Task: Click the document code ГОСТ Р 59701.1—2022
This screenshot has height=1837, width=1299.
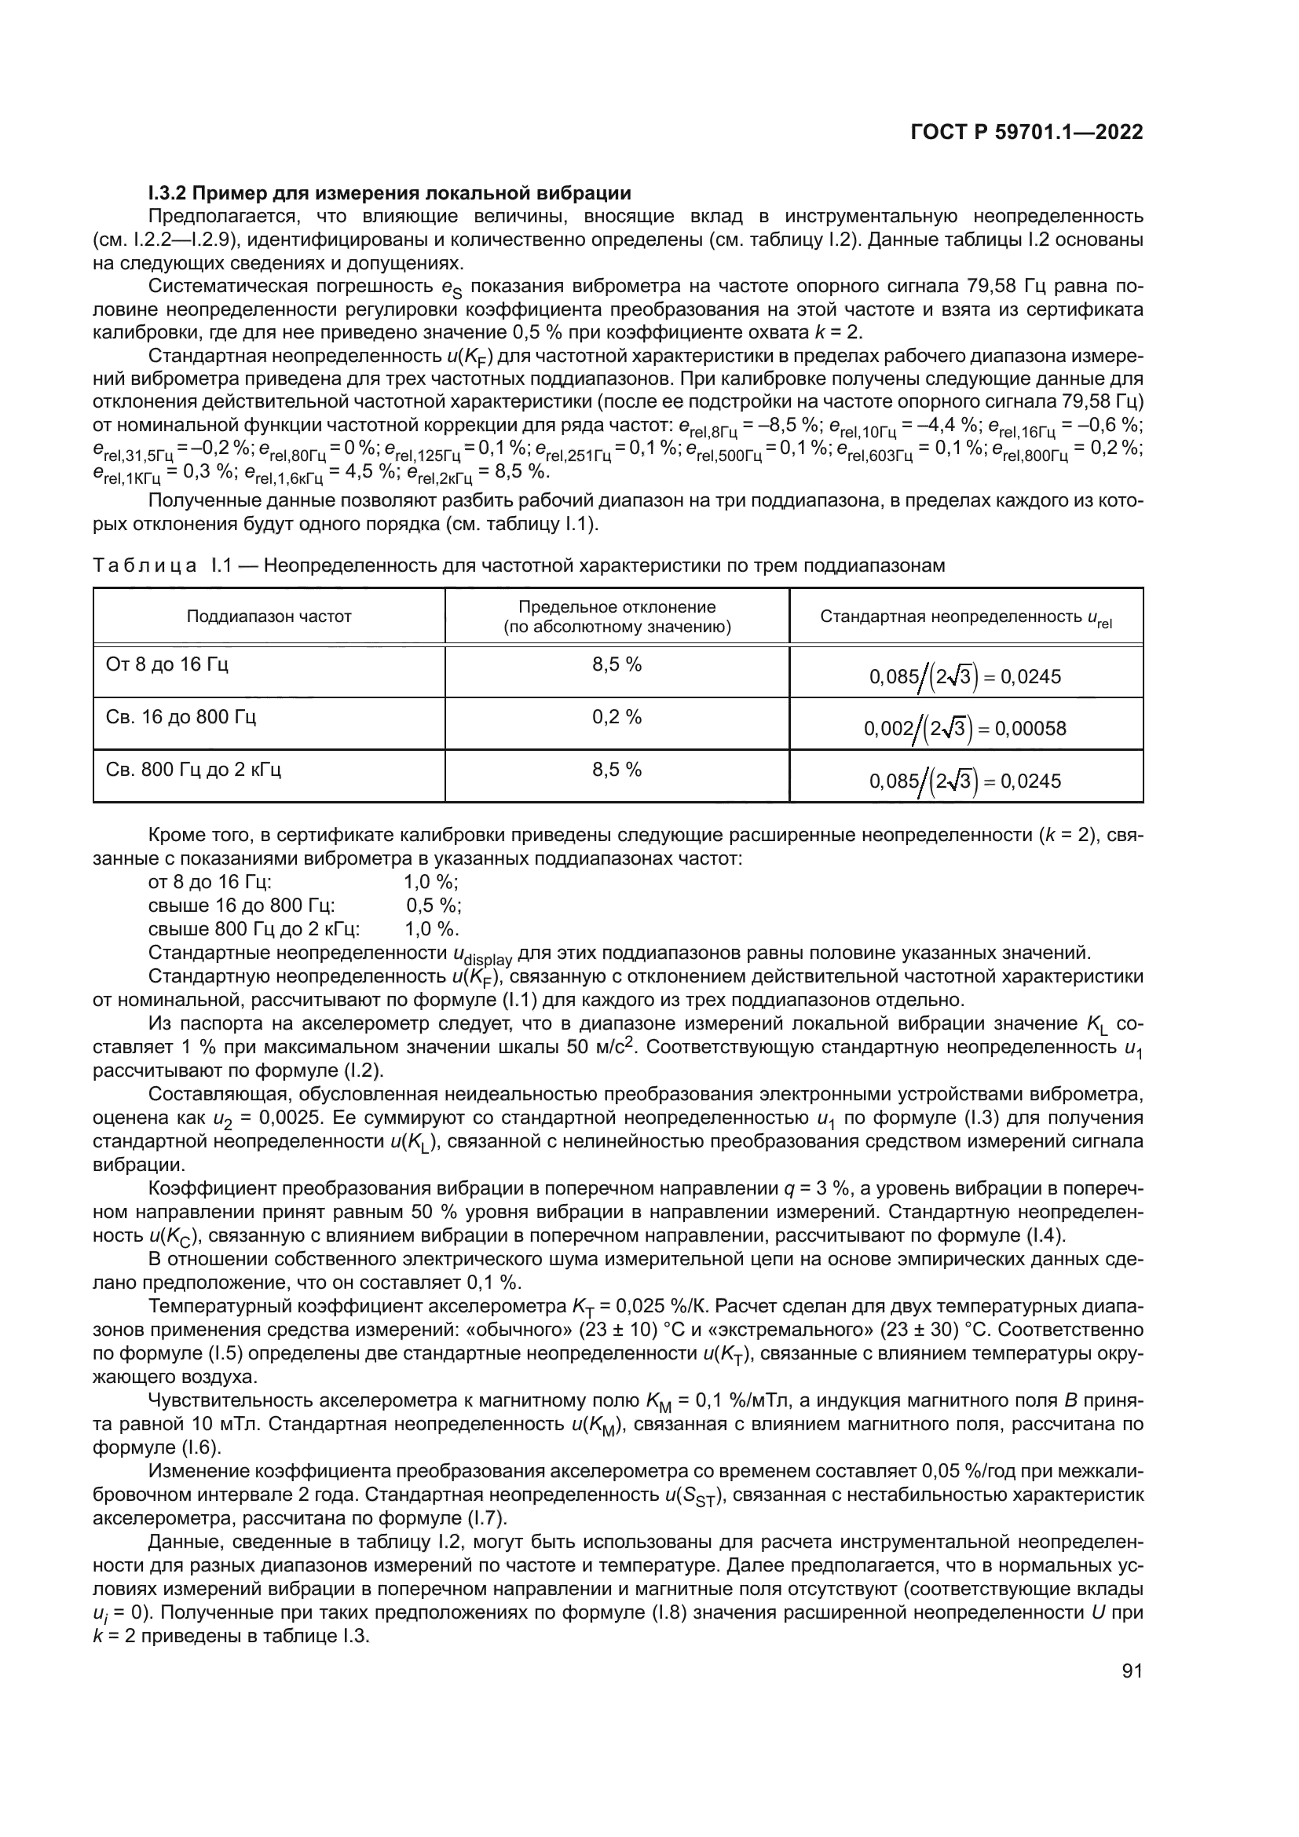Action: (1027, 133)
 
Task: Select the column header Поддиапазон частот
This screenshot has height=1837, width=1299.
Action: (269, 616)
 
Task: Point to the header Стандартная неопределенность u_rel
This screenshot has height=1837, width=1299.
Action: (965, 617)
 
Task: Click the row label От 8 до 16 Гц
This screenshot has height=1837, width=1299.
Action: (167, 664)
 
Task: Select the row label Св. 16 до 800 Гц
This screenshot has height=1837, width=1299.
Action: (181, 716)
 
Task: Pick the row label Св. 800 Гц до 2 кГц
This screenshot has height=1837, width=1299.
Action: (193, 770)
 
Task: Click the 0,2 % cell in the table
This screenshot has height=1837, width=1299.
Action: (617, 717)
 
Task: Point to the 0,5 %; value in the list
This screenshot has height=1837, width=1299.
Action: (434, 906)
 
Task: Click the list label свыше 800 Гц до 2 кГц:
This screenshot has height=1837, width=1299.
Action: (254, 929)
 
